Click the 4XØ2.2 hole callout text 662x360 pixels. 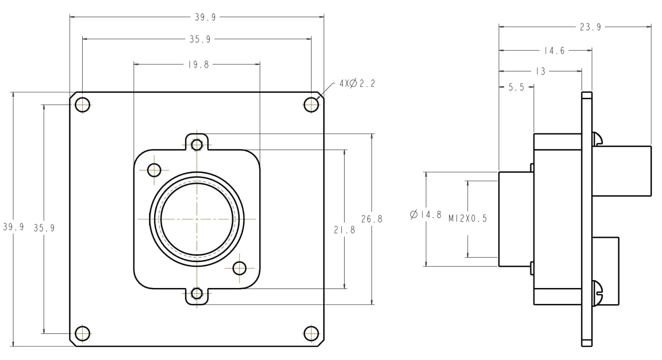point(357,84)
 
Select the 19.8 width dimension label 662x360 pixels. point(199,65)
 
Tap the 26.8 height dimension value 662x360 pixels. point(372,219)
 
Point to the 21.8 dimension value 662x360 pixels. point(345,230)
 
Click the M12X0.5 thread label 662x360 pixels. point(468,218)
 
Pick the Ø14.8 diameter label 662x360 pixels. point(426,214)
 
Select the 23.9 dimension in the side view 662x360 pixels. point(590,27)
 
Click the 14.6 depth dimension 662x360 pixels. point(554,50)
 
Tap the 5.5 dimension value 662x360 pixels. point(516,87)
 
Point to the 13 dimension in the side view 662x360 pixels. point(540,71)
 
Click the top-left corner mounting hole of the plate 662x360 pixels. point(82,105)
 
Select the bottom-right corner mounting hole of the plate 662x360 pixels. point(311,334)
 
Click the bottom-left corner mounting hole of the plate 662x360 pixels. point(82,334)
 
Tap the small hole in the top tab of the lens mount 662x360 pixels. point(197,145)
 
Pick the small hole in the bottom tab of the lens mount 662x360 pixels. point(197,293)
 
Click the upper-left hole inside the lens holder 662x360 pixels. point(154,170)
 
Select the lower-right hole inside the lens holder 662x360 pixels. point(240,269)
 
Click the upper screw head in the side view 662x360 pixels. point(597,139)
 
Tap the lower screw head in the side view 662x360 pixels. point(597,293)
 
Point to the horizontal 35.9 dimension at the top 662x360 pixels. point(200,39)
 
